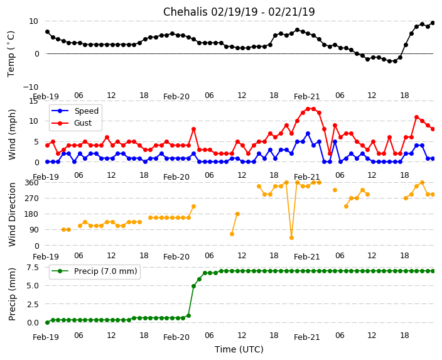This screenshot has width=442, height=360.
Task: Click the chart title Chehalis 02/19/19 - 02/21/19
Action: (239, 12)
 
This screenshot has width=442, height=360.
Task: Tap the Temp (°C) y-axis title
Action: (11, 53)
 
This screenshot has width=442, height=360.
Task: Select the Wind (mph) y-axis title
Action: (13, 134)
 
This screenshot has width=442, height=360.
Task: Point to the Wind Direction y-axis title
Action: (13, 214)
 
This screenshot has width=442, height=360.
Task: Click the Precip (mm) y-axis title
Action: (13, 294)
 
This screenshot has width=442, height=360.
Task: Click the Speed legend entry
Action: (86, 111)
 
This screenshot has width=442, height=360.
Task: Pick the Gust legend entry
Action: (82, 123)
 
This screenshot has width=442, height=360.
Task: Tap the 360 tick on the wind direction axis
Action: (31, 182)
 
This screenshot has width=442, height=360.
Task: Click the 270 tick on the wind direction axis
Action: (31, 199)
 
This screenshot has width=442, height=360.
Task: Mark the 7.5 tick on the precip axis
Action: (33, 267)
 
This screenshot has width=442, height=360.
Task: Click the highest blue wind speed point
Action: (308, 133)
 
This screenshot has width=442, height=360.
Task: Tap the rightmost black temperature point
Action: (433, 23)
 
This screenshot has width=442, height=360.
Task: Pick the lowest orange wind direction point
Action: (291, 237)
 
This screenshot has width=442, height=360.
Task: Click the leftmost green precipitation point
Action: (47, 322)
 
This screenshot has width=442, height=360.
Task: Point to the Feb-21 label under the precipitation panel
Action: (307, 337)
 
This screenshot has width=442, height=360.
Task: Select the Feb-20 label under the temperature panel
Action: (176, 97)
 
